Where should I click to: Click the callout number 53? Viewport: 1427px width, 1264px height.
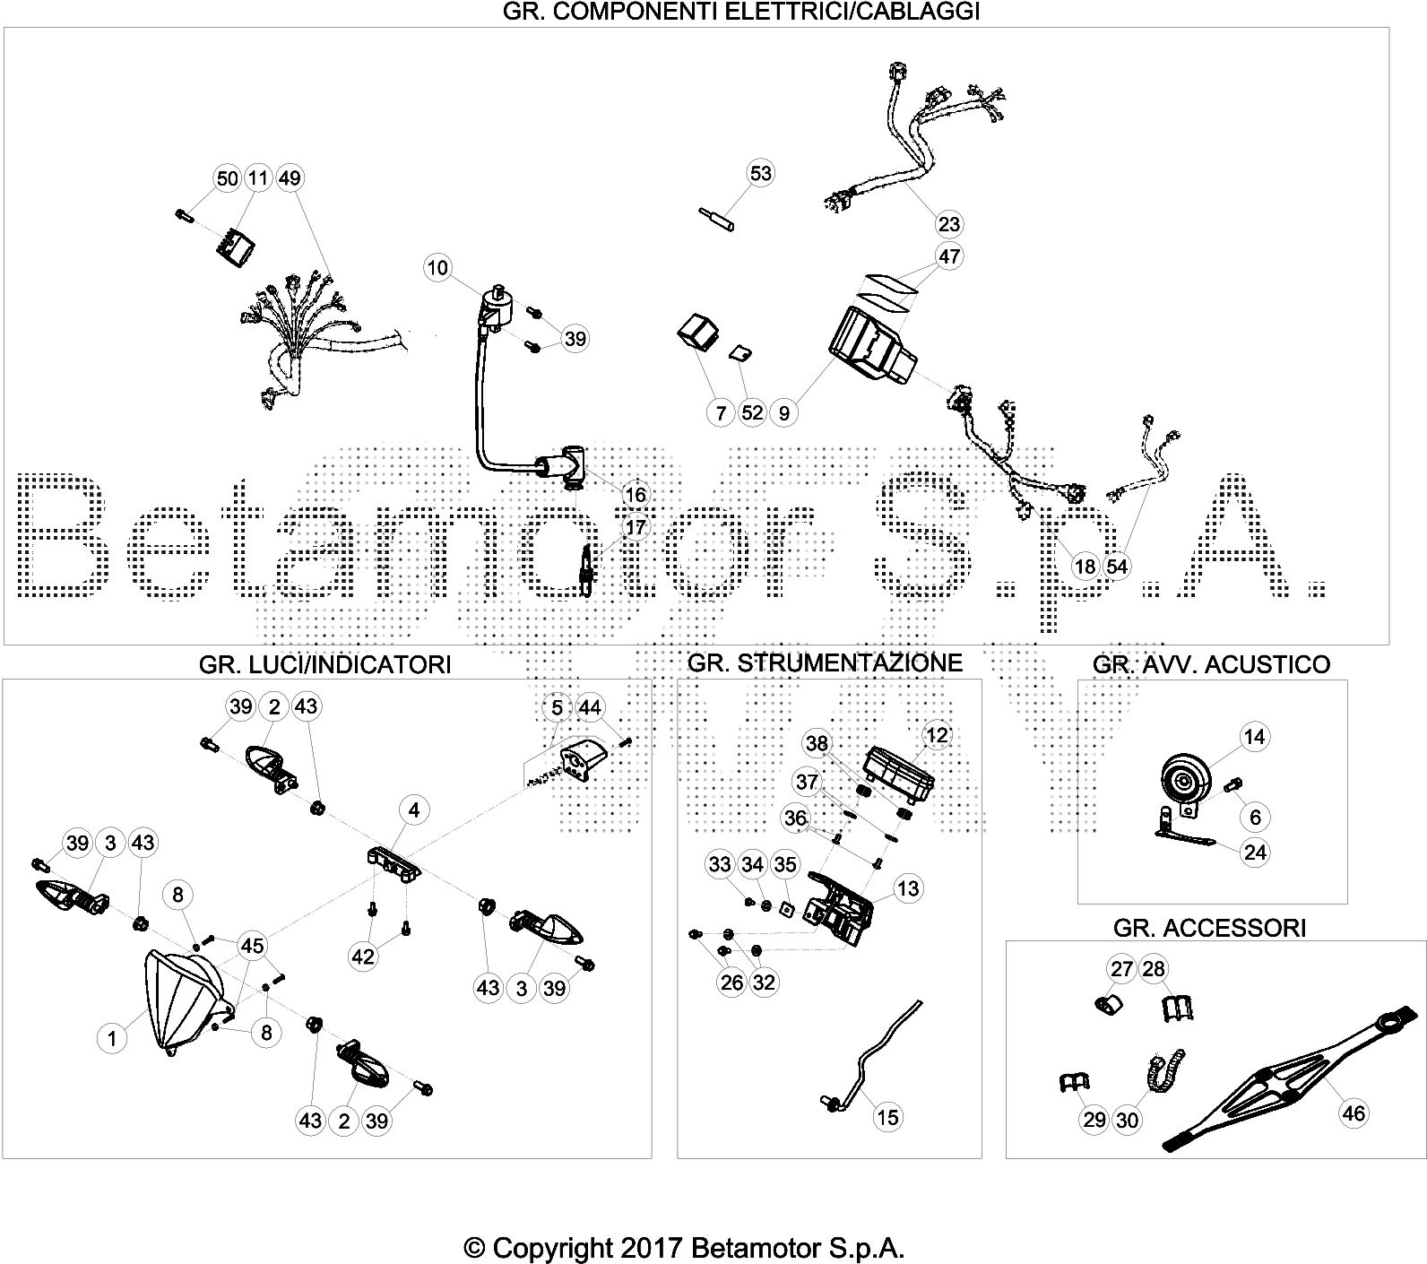(x=760, y=173)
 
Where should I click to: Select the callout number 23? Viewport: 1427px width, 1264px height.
(x=948, y=224)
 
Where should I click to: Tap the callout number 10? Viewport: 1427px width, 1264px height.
(x=438, y=267)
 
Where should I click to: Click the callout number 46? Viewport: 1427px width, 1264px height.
(x=1353, y=1113)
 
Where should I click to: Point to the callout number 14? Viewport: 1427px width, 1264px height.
(x=1255, y=737)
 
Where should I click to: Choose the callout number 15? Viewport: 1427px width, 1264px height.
(x=887, y=1117)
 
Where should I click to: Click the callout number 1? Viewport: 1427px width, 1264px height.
(x=112, y=1039)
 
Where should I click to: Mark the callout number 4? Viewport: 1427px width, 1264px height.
(x=413, y=810)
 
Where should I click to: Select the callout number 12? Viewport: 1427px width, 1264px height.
(x=937, y=736)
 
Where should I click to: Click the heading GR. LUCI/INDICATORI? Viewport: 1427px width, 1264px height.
(x=324, y=664)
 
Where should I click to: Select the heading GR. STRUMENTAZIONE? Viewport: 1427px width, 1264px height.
(x=825, y=662)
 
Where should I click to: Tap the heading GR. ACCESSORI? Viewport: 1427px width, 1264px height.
(x=1209, y=927)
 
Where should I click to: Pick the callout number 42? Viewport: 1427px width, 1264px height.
(x=362, y=957)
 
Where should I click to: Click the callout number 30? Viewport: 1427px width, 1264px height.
(x=1127, y=1120)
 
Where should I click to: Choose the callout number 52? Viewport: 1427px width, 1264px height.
(x=752, y=412)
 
